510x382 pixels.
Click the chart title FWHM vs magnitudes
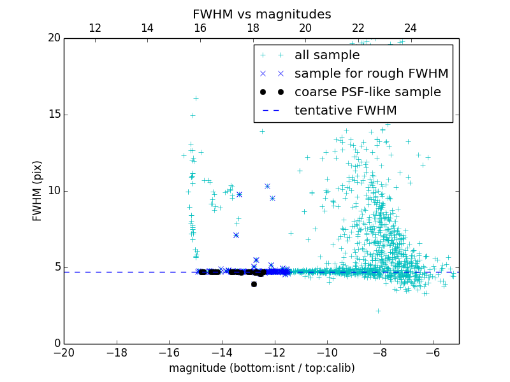[261, 14]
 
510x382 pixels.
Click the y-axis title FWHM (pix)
[37, 190]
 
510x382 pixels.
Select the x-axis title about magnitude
[261, 368]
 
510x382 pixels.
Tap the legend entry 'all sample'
[327, 55]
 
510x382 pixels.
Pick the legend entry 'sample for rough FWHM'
[371, 74]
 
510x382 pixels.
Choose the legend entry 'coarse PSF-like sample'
[367, 92]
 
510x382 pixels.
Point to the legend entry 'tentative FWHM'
[346, 111]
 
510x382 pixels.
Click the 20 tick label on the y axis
[54, 38]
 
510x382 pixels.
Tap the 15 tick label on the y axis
[54, 115]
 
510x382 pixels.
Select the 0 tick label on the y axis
[57, 344]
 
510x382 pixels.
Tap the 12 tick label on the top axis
[95, 28]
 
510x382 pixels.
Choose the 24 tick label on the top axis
[411, 28]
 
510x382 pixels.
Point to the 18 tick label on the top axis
[253, 28]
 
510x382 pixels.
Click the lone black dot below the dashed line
[254, 284]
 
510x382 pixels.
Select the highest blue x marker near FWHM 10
[267, 186]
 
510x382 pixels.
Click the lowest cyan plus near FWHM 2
[378, 311]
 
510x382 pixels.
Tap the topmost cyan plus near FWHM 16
[196, 98]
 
